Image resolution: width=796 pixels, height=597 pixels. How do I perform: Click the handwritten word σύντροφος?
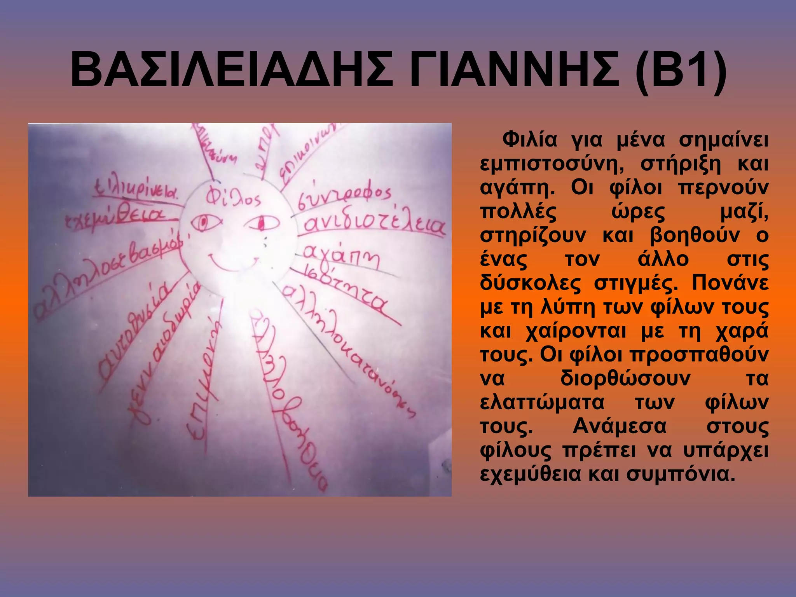click(344, 196)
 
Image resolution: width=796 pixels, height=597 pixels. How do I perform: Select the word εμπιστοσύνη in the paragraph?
click(552, 164)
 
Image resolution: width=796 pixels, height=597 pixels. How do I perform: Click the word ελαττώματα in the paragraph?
click(542, 402)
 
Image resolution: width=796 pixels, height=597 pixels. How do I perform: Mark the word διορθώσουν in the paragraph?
click(625, 378)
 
